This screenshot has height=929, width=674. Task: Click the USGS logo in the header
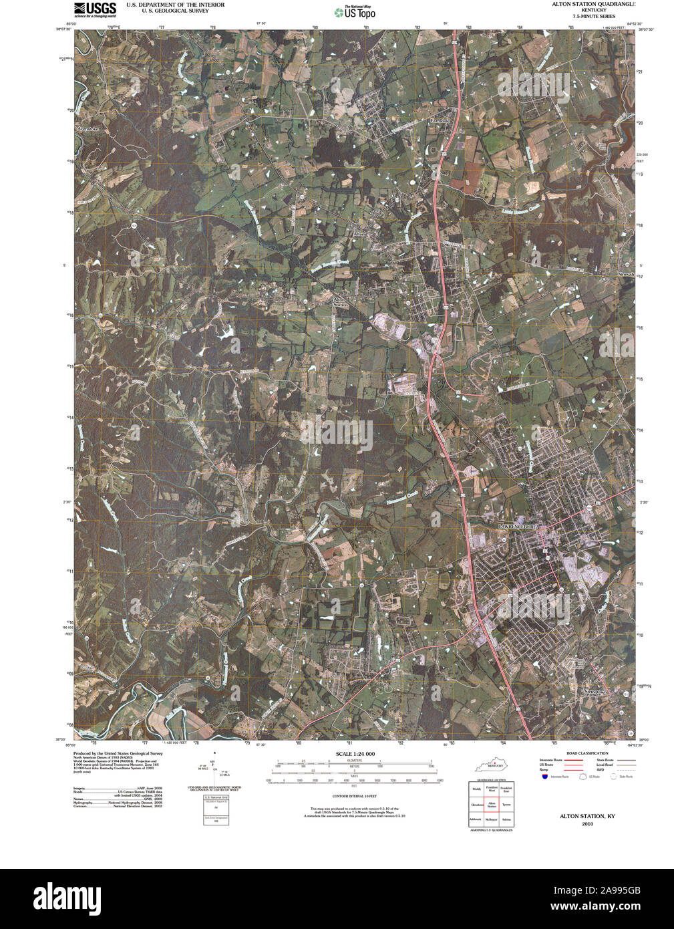pos(95,9)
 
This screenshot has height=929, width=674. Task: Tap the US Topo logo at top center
pos(355,12)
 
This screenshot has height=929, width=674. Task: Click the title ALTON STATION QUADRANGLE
pos(593,4)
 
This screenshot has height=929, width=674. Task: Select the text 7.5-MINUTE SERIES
pos(593,15)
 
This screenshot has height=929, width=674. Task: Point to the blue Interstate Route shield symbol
pos(545,777)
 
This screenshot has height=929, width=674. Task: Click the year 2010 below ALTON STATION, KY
pos(587,823)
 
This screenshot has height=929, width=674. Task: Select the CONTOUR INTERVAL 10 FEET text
pos(354,797)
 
